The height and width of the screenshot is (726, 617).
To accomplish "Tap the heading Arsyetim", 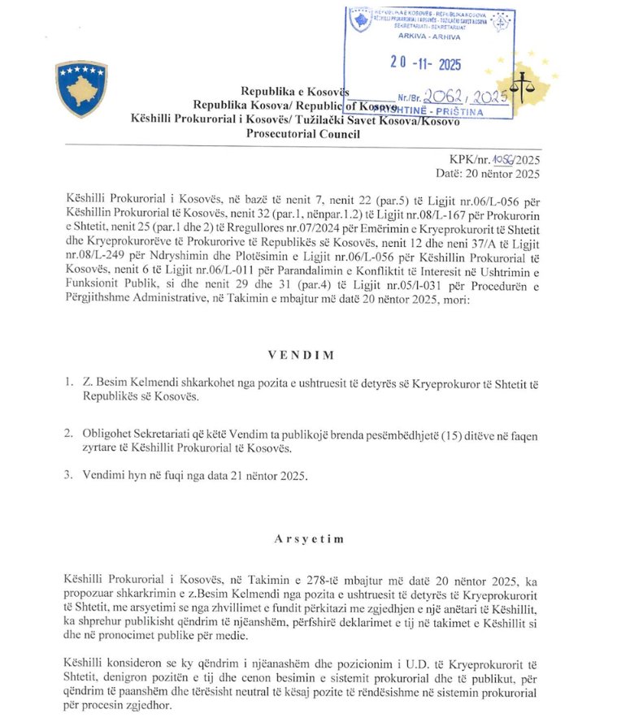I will [x=308, y=538].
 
